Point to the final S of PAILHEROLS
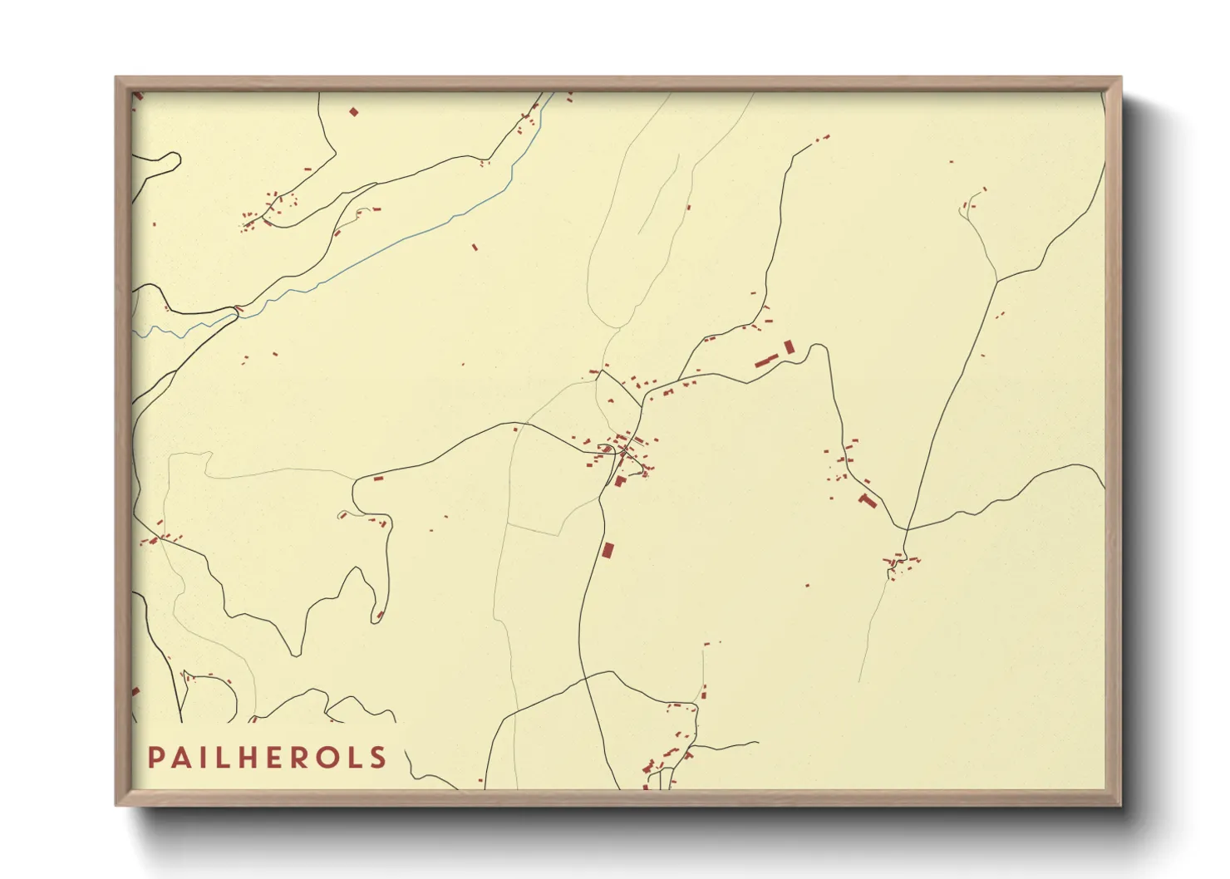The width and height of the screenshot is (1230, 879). point(379,758)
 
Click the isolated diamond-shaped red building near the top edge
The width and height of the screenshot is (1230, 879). point(353,111)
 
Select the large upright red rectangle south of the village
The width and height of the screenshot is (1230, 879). point(608,550)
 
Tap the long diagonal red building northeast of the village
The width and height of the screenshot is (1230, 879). point(765,361)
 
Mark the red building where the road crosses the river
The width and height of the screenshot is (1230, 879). point(239,311)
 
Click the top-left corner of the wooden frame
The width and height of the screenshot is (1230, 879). point(116,78)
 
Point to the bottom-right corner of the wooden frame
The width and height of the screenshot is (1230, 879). point(1120,804)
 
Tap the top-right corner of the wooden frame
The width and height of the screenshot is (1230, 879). point(1120,78)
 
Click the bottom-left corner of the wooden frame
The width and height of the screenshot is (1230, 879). point(116,804)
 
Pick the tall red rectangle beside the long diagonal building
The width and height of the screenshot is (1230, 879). point(789,346)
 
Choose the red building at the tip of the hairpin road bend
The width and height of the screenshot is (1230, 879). point(380,616)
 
